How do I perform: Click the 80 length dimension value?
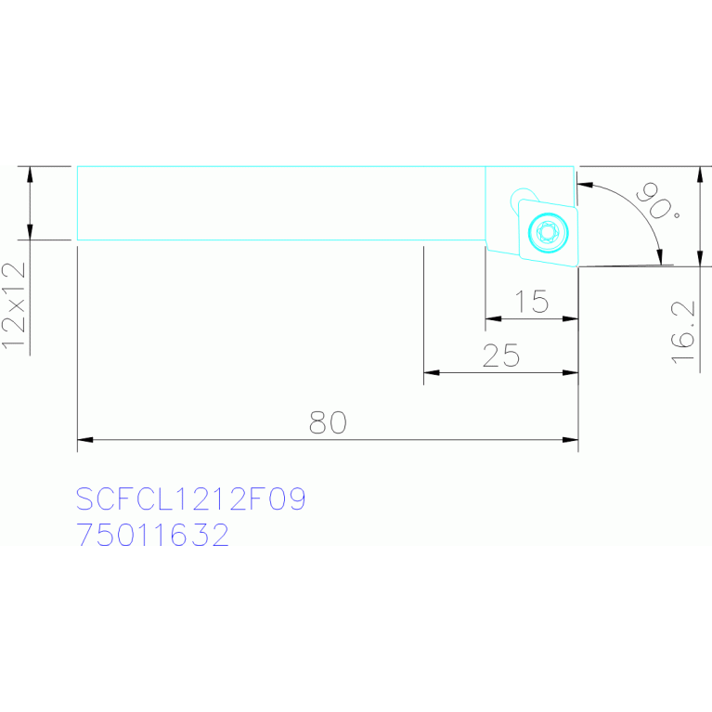[x=328, y=423]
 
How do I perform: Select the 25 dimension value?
[x=501, y=356]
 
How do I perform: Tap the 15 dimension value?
[x=533, y=303]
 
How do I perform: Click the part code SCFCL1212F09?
[x=190, y=499]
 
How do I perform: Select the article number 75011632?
[x=153, y=536]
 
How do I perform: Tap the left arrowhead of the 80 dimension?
[x=83, y=439]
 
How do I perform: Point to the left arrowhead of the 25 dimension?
[x=430, y=373]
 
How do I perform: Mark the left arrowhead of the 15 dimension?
[x=491, y=319]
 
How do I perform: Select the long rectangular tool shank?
[x=278, y=203]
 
